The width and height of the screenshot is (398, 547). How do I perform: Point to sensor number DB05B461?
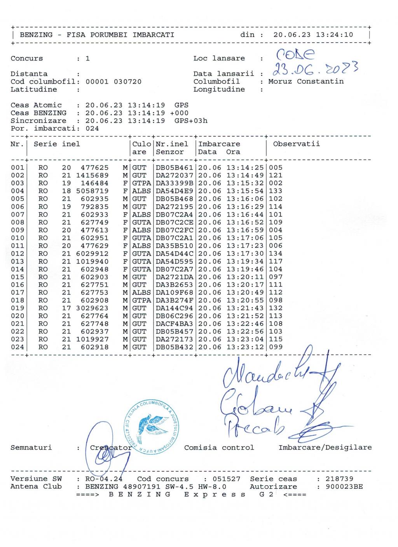click(174, 168)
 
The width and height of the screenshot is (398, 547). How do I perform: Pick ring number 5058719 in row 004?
click(92, 191)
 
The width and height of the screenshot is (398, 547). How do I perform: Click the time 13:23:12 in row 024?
click(245, 347)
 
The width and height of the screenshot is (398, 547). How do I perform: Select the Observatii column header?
click(296, 144)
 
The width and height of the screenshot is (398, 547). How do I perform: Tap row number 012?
click(17, 254)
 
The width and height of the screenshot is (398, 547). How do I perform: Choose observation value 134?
click(276, 254)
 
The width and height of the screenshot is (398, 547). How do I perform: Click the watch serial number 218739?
click(339, 479)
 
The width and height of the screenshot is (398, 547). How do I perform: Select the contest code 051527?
click(227, 479)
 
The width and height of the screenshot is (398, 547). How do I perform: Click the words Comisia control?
click(219, 448)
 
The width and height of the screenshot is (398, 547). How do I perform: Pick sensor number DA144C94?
click(174, 308)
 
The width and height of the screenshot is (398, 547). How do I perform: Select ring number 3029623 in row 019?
click(92, 308)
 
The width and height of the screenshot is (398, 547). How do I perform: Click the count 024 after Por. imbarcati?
click(92, 129)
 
